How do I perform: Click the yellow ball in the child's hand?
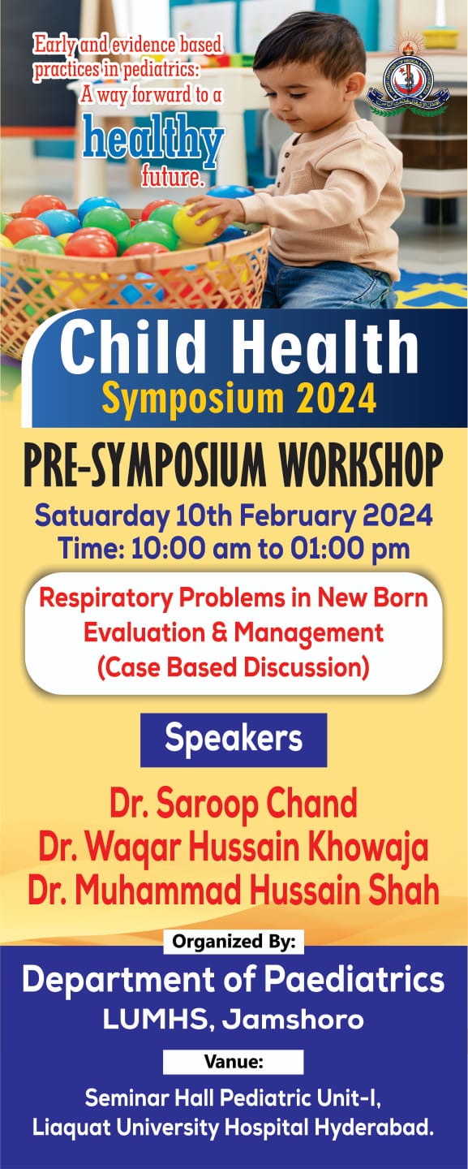pos(196,224)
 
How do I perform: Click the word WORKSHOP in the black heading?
pos(361,464)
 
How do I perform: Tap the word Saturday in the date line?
pos(102,516)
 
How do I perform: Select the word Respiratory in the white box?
pos(105,598)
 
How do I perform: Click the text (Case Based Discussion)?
pos(234,667)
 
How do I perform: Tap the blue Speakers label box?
pos(234,740)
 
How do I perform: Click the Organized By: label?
pos(234,942)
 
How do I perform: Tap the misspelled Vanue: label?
pos(234,1062)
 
